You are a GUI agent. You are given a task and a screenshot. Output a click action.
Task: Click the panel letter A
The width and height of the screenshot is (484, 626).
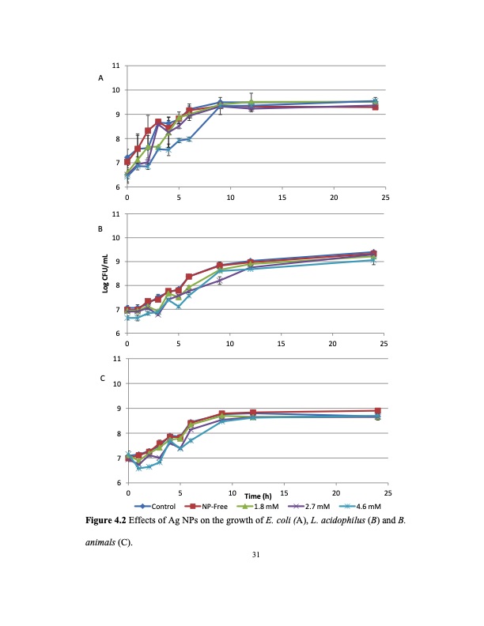[100, 78]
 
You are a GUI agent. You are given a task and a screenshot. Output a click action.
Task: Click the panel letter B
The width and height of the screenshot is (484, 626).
[100, 229]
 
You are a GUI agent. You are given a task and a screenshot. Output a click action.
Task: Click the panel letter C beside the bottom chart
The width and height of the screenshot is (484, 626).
[100, 379]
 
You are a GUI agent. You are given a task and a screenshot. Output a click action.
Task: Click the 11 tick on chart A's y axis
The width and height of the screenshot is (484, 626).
[116, 65]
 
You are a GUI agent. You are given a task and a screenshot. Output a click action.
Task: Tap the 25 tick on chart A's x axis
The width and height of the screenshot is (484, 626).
[384, 197]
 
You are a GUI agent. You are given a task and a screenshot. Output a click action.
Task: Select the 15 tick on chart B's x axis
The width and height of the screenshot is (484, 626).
[281, 344]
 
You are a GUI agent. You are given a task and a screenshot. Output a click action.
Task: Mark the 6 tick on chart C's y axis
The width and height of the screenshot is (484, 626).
[118, 482]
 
